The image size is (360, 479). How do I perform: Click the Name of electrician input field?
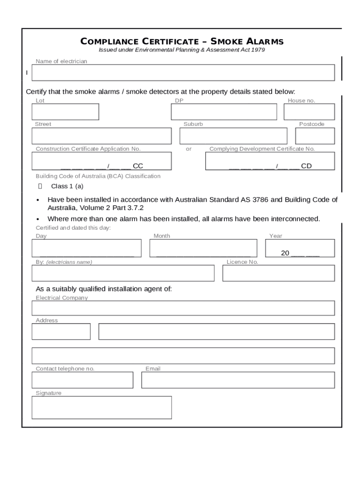[x=183, y=73]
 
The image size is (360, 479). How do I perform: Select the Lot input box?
[x=65, y=112]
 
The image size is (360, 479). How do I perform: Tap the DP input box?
[x=224, y=112]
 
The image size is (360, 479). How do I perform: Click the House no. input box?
[x=309, y=112]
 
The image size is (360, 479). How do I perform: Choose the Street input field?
[x=101, y=136]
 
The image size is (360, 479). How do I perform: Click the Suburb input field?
[x=233, y=136]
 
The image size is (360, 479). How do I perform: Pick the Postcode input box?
[x=315, y=136]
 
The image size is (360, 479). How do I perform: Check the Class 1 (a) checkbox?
[x=40, y=186]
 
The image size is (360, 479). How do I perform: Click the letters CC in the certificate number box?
[x=138, y=166]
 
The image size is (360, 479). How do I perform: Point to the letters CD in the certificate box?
[x=306, y=166]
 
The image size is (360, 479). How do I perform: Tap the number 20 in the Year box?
[x=285, y=253]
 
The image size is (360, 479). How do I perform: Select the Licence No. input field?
[x=278, y=273]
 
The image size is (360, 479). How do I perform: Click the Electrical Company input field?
[x=183, y=308]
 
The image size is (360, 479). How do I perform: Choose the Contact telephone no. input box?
[x=82, y=380]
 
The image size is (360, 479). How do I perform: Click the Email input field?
[x=238, y=380]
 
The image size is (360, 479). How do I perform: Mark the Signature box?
[x=101, y=407]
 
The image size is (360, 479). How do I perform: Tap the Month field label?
[x=162, y=236]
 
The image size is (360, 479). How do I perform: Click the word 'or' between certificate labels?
[x=189, y=149]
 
